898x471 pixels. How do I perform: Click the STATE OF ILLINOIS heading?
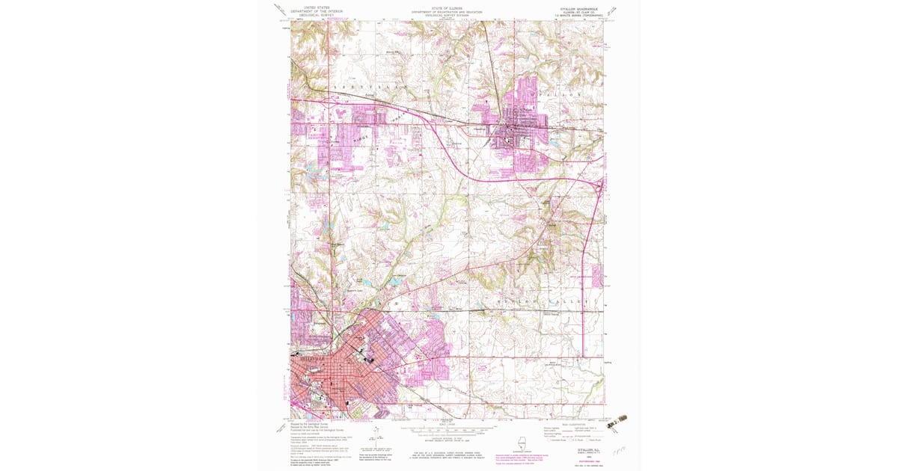click(x=446, y=8)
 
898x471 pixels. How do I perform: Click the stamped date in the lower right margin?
click(x=617, y=424)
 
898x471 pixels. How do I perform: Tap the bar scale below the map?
click(x=446, y=431)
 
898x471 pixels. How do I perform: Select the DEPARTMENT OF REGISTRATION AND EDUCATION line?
click(x=446, y=12)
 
